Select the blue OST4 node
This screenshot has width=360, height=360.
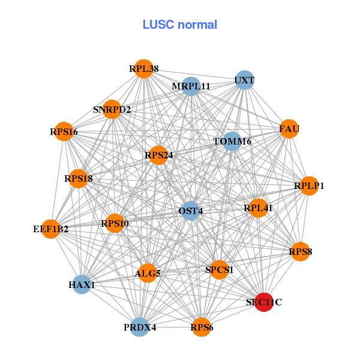(x=190, y=211)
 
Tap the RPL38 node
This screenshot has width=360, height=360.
(x=143, y=69)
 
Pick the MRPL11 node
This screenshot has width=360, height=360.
(x=191, y=86)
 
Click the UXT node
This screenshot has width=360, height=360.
(x=244, y=80)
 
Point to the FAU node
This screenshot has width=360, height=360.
(x=289, y=129)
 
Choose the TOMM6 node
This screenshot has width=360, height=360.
(x=232, y=142)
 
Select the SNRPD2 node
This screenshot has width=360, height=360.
(x=112, y=109)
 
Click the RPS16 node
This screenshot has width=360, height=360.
(x=64, y=132)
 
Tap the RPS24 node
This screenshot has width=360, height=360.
(x=158, y=155)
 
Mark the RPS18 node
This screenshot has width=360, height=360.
(x=79, y=178)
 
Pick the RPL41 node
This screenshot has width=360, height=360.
(x=258, y=208)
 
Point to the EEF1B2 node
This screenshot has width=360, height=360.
(x=51, y=229)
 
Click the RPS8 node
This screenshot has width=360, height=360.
(x=300, y=252)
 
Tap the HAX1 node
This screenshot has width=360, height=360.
(x=82, y=284)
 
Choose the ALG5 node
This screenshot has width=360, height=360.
(x=148, y=274)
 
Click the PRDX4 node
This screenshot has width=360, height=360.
(x=140, y=327)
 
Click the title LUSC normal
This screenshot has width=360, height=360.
(x=180, y=25)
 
